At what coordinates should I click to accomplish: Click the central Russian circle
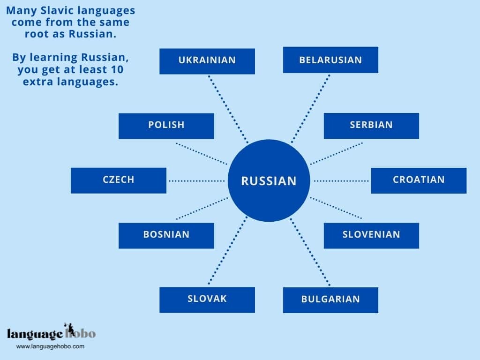coord(269,180)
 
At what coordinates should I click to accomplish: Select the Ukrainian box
coord(207,61)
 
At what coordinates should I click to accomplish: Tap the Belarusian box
coord(330,60)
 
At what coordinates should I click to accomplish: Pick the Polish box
coord(166,126)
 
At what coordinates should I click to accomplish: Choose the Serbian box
coord(371,126)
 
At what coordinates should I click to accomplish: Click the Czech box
coord(119,180)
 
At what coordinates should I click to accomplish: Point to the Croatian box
coord(419,180)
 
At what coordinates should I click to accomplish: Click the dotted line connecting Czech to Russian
coord(197,180)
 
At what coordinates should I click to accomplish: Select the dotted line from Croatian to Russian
coord(341,180)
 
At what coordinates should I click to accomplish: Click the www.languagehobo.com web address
coord(50,346)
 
